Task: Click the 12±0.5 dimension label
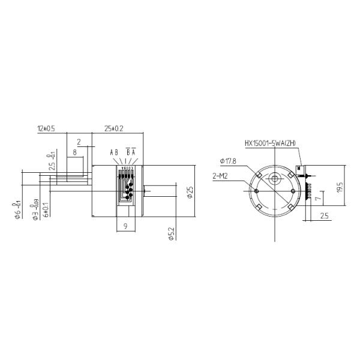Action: [46, 128]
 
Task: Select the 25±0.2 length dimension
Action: [114, 128]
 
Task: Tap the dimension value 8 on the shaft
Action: [74, 153]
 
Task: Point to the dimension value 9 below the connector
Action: [125, 226]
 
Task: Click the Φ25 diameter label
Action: [190, 193]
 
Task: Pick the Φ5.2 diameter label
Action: [170, 234]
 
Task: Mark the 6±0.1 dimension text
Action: [46, 210]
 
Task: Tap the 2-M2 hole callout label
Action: [221, 177]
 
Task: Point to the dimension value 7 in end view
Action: [318, 194]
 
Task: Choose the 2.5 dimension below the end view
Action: [323, 215]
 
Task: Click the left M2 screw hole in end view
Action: [257, 191]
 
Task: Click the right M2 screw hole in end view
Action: [292, 191]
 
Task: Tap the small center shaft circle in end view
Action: [275, 178]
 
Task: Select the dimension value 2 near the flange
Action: [79, 142]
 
